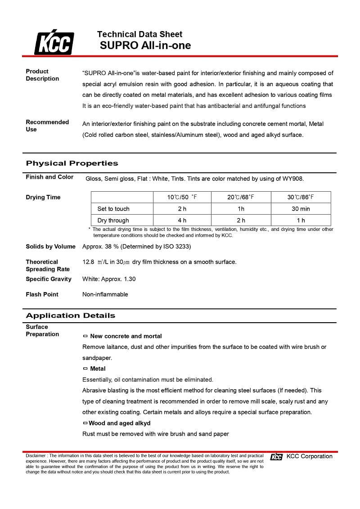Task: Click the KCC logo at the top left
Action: click(54, 43)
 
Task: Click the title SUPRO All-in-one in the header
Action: click(145, 45)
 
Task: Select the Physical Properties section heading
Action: click(72, 163)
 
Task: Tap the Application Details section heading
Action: click(70, 315)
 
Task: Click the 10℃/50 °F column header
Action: click(182, 197)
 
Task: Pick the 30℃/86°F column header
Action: click(301, 197)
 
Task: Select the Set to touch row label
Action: click(113, 209)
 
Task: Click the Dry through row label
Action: click(113, 221)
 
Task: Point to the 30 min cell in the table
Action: click(301, 209)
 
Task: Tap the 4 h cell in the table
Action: click(182, 221)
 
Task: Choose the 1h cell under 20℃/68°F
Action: click(241, 209)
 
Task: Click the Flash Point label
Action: click(42, 294)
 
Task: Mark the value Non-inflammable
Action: click(105, 294)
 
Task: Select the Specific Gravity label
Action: click(49, 279)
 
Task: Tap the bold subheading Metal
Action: click(98, 369)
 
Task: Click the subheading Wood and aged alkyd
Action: click(119, 423)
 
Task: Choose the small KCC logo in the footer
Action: click(276, 457)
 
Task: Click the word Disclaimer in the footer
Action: click(36, 456)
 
